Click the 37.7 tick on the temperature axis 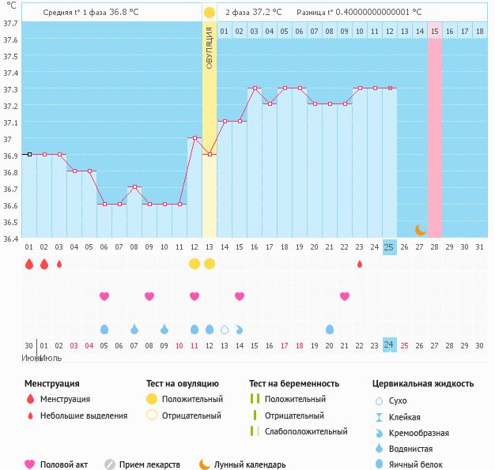tap(11, 24)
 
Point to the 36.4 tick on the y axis tap(11, 239)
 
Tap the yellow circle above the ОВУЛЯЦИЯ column tap(209, 13)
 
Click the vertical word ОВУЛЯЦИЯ tap(209, 47)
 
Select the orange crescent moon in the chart tap(421, 230)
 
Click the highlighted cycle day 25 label tap(389, 247)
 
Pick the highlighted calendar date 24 tap(389, 345)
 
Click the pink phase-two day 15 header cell tap(435, 32)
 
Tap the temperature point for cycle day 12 tap(195, 138)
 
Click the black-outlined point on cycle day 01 tap(29, 155)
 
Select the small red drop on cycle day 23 tap(360, 264)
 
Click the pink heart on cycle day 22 tap(345, 296)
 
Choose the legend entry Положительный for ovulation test tap(192, 399)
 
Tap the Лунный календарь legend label tap(250, 464)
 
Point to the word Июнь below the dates tap(32, 358)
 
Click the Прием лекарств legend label tap(149, 464)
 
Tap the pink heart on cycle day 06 tap(104, 296)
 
